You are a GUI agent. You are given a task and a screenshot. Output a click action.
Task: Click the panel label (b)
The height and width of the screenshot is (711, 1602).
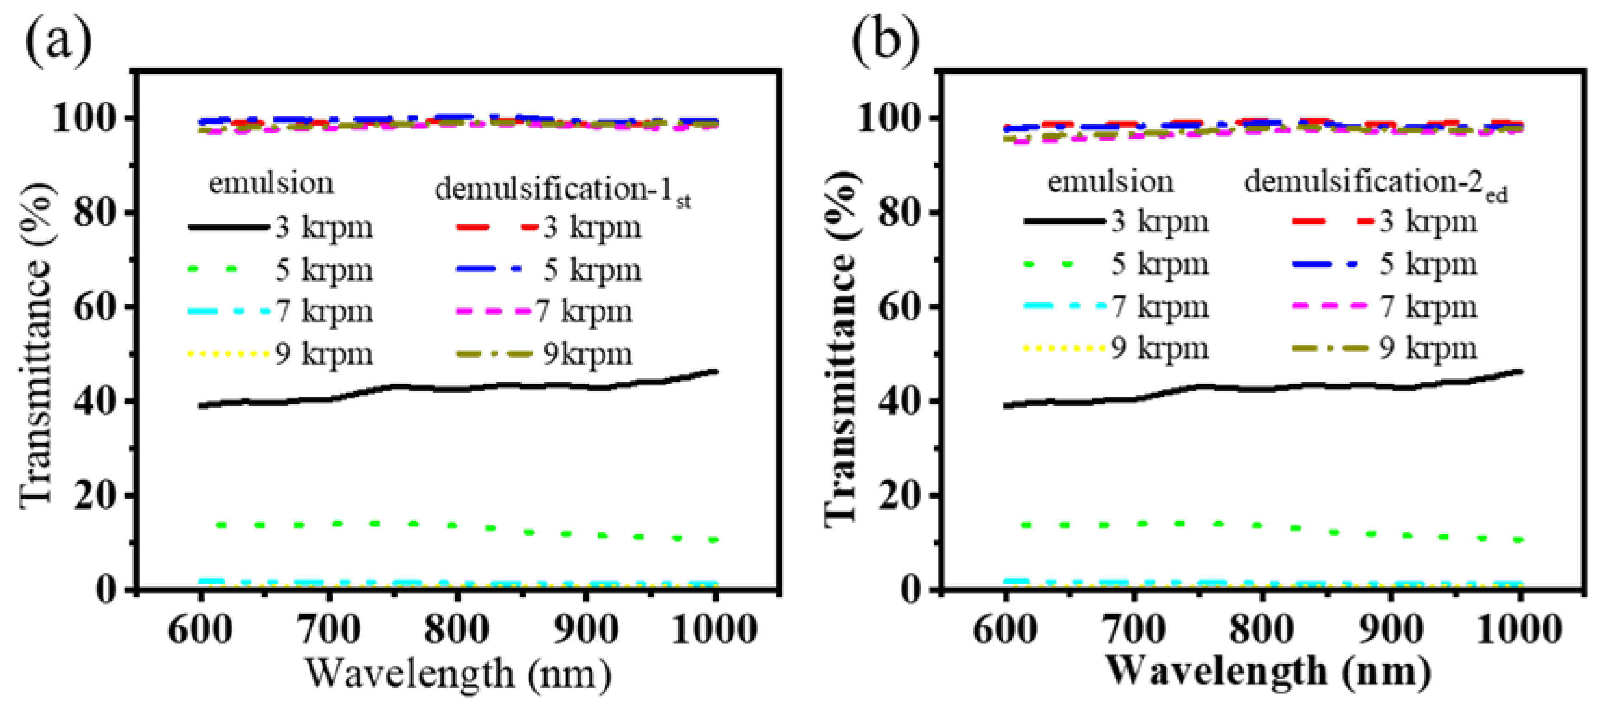(x=884, y=38)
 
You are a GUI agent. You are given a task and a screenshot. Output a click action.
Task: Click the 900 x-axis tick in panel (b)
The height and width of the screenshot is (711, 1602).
(x=1390, y=629)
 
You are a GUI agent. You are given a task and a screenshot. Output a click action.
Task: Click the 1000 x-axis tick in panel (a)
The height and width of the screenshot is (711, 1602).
(x=714, y=629)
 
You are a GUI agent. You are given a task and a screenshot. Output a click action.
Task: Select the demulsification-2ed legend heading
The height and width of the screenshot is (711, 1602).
(x=1376, y=185)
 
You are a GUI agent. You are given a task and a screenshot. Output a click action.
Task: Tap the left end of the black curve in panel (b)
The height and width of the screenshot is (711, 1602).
(x=1006, y=405)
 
